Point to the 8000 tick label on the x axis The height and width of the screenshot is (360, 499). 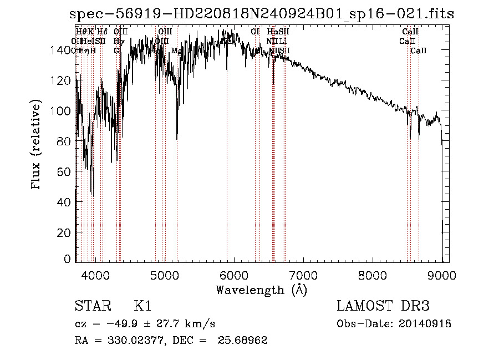pyautogui.click(x=373, y=274)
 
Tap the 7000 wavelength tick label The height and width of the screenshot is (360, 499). pyautogui.click(x=303, y=274)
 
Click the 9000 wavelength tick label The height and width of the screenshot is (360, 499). pyautogui.click(x=442, y=274)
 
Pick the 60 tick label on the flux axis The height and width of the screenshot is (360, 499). pyautogui.click(x=64, y=172)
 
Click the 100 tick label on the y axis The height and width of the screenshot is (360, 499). pyautogui.click(x=62, y=111)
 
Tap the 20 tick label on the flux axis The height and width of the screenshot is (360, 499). pyautogui.click(x=64, y=233)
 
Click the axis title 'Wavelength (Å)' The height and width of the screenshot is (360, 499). pyautogui.click(x=261, y=290)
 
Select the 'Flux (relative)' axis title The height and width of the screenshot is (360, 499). pyautogui.click(x=37, y=145)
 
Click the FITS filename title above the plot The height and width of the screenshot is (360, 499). pyautogui.click(x=264, y=14)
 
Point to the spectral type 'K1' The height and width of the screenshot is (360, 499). pyautogui.click(x=142, y=306)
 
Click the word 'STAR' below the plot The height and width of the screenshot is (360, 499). pyautogui.click(x=93, y=306)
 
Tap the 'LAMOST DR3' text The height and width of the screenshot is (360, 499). pyautogui.click(x=383, y=306)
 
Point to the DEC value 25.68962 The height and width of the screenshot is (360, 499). pyautogui.click(x=244, y=341)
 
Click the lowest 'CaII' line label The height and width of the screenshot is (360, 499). pyautogui.click(x=419, y=50)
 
